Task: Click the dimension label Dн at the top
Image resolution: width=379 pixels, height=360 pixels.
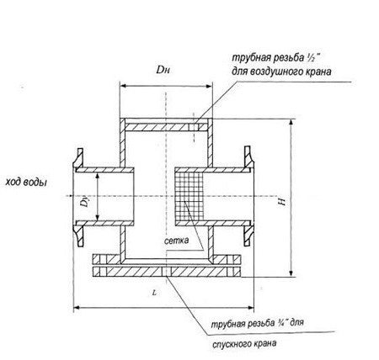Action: click(x=163, y=70)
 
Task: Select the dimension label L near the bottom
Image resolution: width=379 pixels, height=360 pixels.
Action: click(x=154, y=293)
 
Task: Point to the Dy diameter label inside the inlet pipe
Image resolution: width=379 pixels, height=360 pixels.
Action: click(x=85, y=203)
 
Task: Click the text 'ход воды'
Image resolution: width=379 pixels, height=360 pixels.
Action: click(x=26, y=183)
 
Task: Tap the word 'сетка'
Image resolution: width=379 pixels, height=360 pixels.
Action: click(x=176, y=241)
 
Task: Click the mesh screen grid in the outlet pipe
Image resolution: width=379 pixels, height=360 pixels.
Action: click(x=189, y=196)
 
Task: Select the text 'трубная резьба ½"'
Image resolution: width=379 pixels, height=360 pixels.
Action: click(x=276, y=58)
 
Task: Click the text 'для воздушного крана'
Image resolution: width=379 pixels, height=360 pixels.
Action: click(x=281, y=71)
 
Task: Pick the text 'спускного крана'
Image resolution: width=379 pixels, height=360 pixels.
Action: click(x=244, y=343)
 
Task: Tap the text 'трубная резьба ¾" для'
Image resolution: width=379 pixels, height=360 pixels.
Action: click(x=257, y=323)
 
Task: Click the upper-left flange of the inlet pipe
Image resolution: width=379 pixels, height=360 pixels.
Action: click(x=78, y=159)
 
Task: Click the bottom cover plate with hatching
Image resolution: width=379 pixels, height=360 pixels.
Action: click(x=167, y=272)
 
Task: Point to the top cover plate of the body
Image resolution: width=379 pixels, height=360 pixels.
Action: click(x=166, y=127)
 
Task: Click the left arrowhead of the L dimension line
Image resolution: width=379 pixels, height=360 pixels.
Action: click(x=76, y=308)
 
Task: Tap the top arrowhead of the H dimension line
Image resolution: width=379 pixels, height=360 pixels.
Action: click(x=291, y=122)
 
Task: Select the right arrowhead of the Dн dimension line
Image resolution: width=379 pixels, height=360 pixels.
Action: click(x=209, y=87)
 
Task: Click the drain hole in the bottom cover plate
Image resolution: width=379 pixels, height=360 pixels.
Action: click(x=167, y=272)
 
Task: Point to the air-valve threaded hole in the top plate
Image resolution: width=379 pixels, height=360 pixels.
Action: click(x=194, y=127)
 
